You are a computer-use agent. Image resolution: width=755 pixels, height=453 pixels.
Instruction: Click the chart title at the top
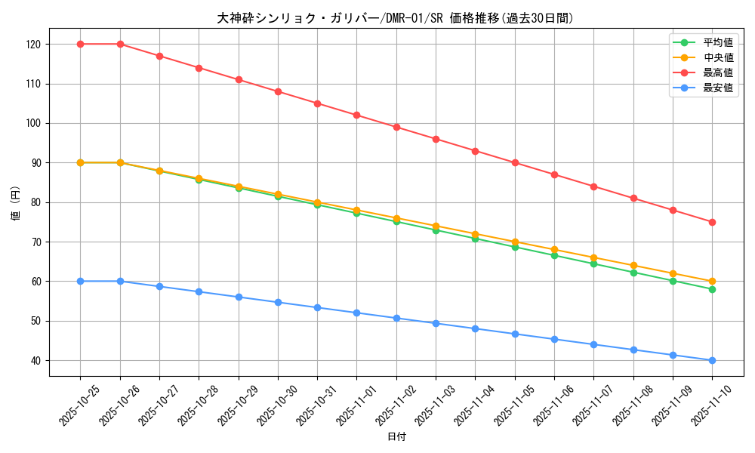[395, 18]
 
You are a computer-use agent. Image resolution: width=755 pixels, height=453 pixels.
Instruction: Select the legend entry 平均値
[718, 42]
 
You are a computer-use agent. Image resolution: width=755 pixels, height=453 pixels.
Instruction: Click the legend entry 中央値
[718, 57]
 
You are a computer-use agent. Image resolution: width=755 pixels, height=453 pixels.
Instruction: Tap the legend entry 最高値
[718, 72]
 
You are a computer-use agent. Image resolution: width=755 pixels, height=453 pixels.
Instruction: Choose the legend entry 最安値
[718, 88]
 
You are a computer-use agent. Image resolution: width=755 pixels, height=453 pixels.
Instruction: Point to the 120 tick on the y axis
[34, 45]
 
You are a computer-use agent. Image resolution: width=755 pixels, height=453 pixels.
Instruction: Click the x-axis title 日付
[396, 437]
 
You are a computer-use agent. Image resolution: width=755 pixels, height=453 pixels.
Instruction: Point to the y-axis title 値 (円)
[16, 202]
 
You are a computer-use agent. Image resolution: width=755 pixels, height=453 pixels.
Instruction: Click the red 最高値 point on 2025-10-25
[81, 44]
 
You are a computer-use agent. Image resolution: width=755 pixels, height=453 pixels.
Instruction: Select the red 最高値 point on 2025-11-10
[712, 222]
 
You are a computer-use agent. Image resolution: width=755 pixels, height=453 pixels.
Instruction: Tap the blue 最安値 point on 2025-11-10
[712, 360]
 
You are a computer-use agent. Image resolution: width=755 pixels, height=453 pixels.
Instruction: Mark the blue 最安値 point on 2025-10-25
[81, 281]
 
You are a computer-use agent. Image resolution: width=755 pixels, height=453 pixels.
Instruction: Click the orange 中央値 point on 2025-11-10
[712, 281]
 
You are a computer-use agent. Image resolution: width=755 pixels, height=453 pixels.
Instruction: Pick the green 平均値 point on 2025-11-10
[712, 289]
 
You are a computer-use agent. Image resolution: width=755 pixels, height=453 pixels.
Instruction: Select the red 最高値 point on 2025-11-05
[515, 162]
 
